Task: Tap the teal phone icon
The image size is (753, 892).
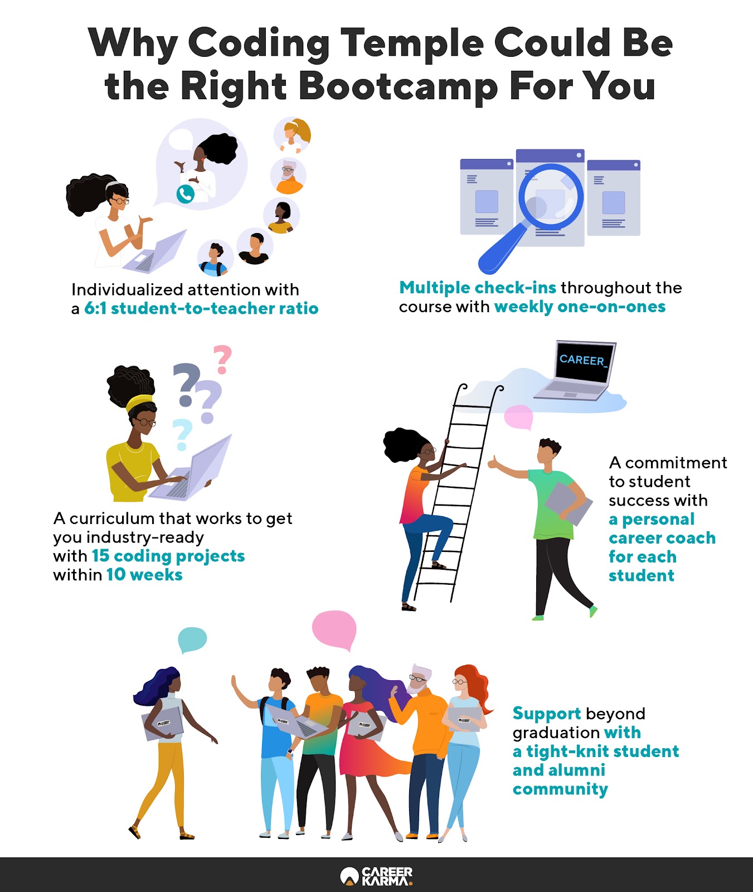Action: pos(185,193)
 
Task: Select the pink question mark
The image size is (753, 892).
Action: pos(222,359)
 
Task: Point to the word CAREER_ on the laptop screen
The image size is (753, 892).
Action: pos(582,360)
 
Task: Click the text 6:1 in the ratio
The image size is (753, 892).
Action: pos(95,308)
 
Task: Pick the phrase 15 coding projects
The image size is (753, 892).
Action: pos(168,556)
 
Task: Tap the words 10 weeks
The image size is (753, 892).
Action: pos(144,575)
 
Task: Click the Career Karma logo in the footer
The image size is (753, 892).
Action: pos(377,876)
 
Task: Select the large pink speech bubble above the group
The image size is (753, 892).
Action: pos(334,629)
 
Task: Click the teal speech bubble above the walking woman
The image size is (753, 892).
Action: pos(192,639)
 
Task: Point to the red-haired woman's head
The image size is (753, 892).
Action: pos(463,681)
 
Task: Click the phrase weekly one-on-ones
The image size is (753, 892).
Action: pos(580,307)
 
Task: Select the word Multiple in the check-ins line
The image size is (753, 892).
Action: pos(435,288)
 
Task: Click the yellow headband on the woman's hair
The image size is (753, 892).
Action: pos(139,402)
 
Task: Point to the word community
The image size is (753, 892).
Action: pos(560,789)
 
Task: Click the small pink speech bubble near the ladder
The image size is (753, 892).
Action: pos(518,417)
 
